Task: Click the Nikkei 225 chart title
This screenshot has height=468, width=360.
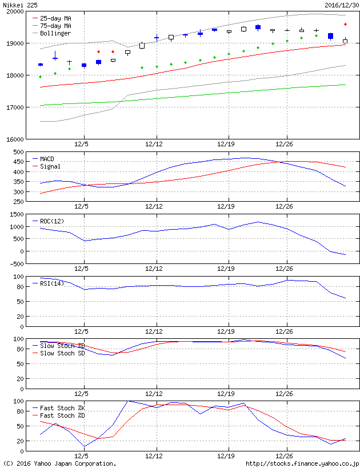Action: [19, 5]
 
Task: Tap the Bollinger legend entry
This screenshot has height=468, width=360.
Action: [55, 33]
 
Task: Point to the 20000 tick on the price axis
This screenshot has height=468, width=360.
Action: [14, 11]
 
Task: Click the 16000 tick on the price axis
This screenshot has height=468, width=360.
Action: [14, 139]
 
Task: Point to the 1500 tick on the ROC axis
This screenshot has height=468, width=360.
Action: [16, 214]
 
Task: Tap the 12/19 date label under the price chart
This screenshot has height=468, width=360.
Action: [227, 145]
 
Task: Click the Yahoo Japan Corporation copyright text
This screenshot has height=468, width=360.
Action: [59, 463]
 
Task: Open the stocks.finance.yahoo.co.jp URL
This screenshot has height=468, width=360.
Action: [302, 463]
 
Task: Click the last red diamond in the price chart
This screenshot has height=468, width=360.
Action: [346, 24]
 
